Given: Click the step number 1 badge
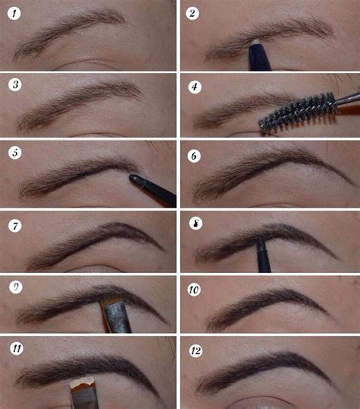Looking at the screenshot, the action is coord(14,13).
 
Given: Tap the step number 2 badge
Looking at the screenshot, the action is coord(192,13).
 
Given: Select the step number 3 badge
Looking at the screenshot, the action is coord(15,85).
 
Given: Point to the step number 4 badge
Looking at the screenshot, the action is coord(194,87).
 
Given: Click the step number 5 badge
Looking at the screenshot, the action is coord(15,153).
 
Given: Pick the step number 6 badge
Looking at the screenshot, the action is coord(194,156).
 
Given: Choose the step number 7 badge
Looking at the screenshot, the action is coord(15,226).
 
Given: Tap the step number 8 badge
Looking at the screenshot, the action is coord(196,224).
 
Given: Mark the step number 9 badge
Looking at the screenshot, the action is coord(16,287).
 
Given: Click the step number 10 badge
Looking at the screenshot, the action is coord(194,290).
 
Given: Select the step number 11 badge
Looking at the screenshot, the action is coord(17,348).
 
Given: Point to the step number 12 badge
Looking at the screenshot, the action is coord(196,350).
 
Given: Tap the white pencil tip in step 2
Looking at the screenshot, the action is coord(256,42).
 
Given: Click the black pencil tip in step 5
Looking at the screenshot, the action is coord(134,178).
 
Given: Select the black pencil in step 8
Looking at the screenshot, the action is coord(263,255).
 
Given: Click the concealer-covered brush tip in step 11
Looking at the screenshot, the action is coord(81,382).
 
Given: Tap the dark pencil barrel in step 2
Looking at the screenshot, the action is coord(260,57).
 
